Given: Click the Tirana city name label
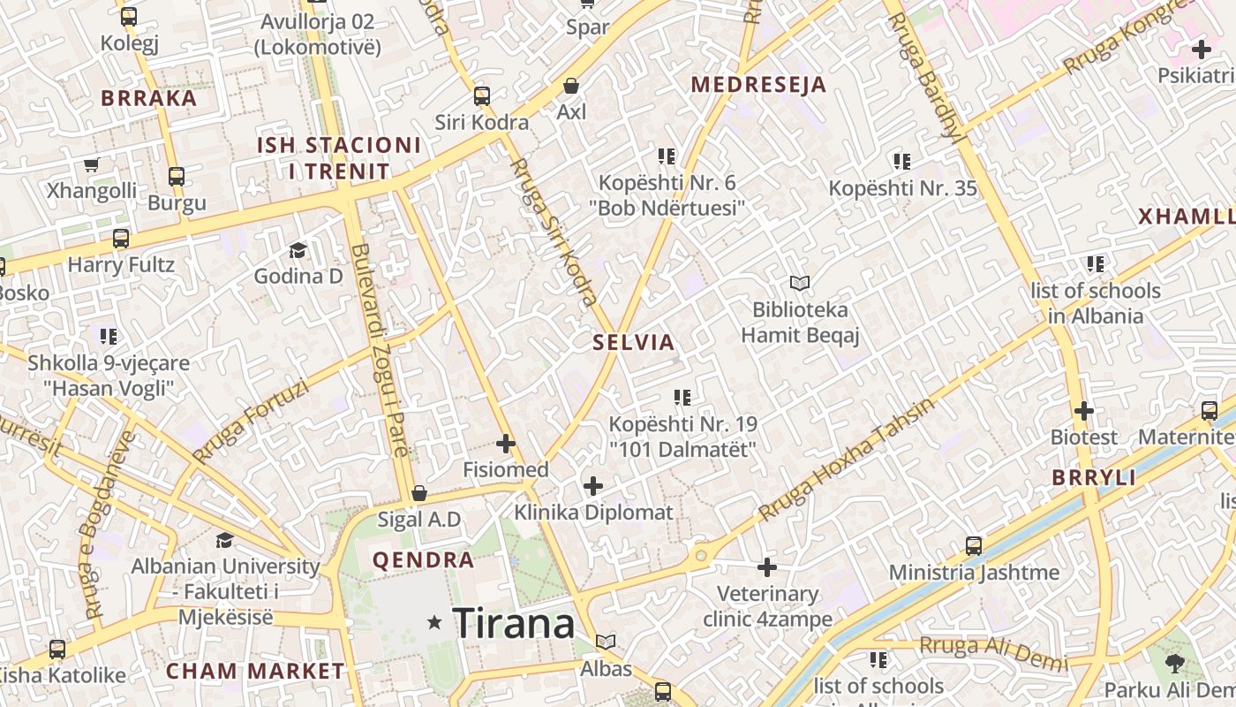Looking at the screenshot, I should coord(513,623).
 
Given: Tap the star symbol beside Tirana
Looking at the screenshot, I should coord(433,622).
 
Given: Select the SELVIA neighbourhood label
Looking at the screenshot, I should coord(634,342).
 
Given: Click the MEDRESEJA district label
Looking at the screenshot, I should coord(758,85).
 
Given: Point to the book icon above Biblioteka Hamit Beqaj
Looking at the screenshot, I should coord(800,283).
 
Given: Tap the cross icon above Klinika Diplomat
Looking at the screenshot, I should coord(593,485).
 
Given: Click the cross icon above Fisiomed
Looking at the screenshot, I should coord(506,443).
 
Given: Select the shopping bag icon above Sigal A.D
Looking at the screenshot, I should coord(419,492).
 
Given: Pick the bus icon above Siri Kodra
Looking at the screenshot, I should coord(481,95).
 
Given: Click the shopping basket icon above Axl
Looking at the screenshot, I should coord(571,86).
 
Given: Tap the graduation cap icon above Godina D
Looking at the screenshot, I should coord(298,250).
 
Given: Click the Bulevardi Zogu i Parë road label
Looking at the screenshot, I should coord(380,350).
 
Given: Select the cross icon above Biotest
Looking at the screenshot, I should coord(1083,411).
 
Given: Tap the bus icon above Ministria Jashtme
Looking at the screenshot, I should coord(974,545).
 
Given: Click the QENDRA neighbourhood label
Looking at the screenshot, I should coord(423,559).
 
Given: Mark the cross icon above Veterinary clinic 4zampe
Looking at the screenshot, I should coord(767,566).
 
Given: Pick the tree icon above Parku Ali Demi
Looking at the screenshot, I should coord(1174,663).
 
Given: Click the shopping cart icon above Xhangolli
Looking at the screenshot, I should coord(91,164).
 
